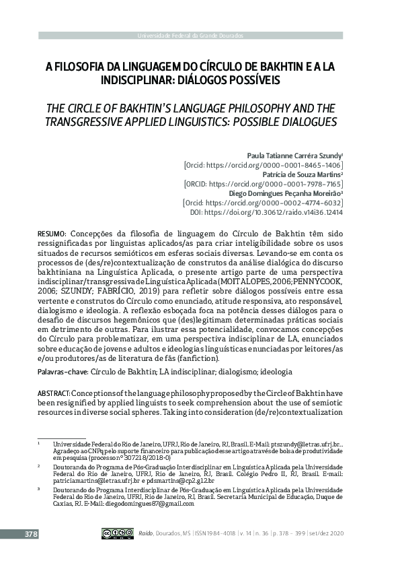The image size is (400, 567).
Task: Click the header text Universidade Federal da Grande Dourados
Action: click(191, 35)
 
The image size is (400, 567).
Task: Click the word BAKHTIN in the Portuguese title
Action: click(276, 67)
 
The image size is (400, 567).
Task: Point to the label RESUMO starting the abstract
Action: click(51, 232)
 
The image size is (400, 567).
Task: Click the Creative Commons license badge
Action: click(116, 533)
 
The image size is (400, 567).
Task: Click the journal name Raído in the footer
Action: click(146, 534)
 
